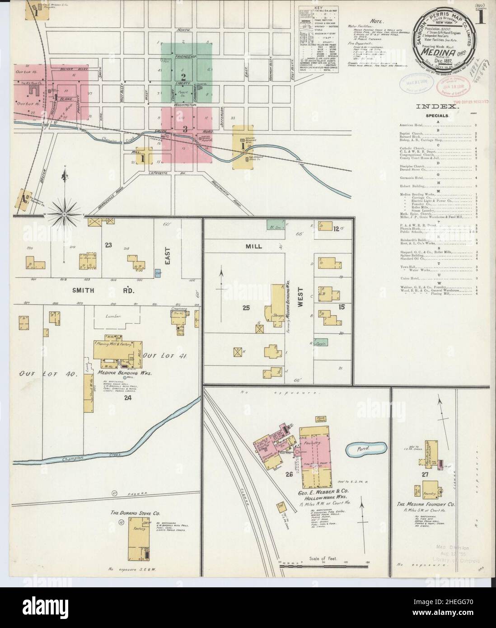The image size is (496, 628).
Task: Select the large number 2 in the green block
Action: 183,64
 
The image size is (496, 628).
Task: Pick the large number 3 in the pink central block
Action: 185,129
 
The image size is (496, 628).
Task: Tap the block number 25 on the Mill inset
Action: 246,308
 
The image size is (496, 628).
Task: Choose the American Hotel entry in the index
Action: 415,124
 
